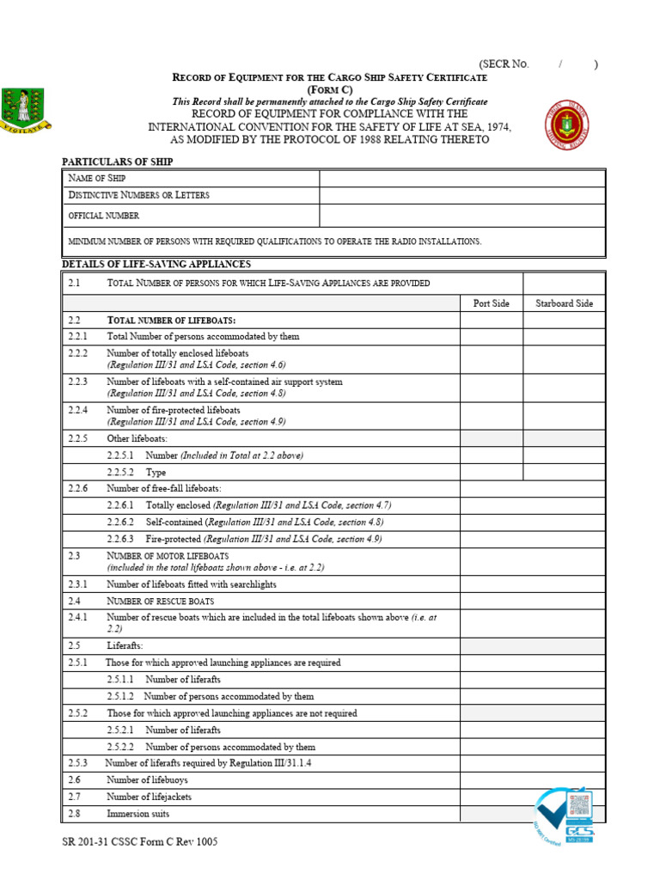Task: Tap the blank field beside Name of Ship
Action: [x=461, y=178]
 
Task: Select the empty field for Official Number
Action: [x=461, y=216]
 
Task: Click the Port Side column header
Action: [x=492, y=303]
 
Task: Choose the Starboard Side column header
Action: [x=564, y=303]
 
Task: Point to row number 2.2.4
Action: [x=78, y=411]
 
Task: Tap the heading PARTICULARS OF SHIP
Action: [x=117, y=162]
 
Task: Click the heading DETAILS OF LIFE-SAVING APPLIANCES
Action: [x=156, y=264]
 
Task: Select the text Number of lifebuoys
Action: [x=147, y=780]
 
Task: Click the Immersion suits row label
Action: [x=137, y=814]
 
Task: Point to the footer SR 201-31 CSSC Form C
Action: [x=139, y=842]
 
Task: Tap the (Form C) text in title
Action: [x=329, y=89]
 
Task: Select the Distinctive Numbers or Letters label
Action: [x=138, y=196]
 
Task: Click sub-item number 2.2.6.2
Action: [x=121, y=522]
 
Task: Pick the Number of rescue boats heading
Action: [x=160, y=601]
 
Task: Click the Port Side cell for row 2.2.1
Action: [x=492, y=337]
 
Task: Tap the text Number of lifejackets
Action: [x=149, y=797]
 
